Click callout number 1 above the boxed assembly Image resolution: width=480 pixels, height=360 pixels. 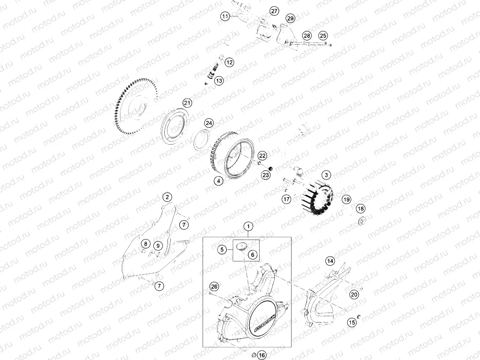pos(248,226)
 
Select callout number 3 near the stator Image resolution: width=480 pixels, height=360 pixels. pos(326,175)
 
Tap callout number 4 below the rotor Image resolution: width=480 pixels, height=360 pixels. pos(219,181)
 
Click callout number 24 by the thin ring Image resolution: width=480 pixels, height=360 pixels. pos(209,123)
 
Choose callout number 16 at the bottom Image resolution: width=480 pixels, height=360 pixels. pos(261,355)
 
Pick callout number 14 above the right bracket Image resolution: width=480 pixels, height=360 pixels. pos(329,261)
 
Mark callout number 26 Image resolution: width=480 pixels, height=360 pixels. pos(214,287)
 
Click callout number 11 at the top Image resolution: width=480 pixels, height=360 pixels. pos(225,16)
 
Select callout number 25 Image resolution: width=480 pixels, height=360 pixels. pos(323,36)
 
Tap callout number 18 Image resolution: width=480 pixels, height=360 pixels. pos(361,209)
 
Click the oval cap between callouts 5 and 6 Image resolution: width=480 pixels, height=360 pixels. pos(241,246)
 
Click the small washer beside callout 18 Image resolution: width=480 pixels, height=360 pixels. pos(363,222)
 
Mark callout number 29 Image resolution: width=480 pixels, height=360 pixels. pos(290,18)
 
